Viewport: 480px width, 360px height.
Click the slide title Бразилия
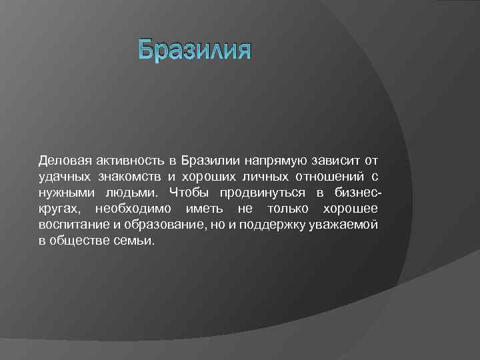coord(194,51)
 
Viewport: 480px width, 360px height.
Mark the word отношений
coord(328,177)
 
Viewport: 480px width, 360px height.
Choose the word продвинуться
coord(263,193)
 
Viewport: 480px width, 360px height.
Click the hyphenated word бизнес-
coord(358,193)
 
